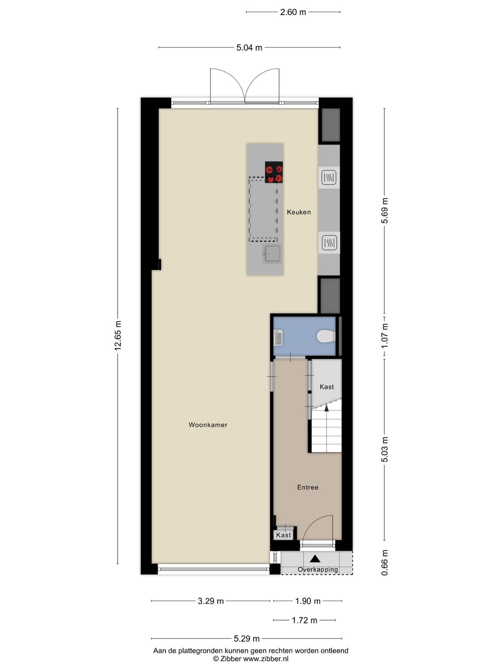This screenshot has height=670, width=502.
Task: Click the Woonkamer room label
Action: [208, 425]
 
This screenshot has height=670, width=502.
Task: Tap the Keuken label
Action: [299, 212]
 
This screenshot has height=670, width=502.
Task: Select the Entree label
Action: [308, 487]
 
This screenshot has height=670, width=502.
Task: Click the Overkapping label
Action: [317, 569]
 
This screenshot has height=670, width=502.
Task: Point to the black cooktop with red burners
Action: [274, 172]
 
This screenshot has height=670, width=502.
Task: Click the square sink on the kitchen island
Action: [272, 254]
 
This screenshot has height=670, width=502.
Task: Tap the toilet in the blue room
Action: [326, 336]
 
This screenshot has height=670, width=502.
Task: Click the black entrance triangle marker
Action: [315, 559]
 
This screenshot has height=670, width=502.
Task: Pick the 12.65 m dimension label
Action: [118, 335]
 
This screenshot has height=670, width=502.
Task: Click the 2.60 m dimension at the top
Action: [293, 12]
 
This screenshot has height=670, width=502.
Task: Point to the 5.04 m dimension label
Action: [249, 47]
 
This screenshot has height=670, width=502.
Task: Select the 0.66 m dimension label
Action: [385, 563]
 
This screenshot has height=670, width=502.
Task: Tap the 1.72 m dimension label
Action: [304, 620]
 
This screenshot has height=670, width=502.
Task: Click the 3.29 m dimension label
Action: [211, 601]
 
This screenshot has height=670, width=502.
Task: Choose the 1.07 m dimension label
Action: [385, 336]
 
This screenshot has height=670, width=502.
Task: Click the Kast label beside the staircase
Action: [327, 387]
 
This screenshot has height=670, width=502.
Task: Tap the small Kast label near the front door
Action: [284, 535]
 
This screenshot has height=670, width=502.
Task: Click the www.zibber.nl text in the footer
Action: [265, 659]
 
